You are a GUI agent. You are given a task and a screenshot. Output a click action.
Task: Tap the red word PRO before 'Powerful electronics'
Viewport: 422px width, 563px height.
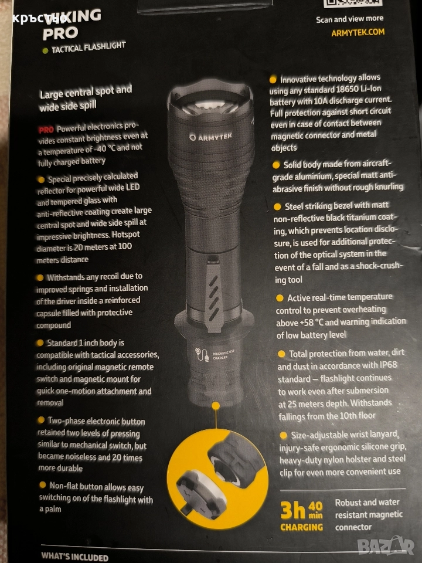pyautogui.click(x=46, y=130)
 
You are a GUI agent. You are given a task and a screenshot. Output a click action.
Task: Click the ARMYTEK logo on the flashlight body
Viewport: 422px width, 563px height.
pyautogui.click(x=210, y=137)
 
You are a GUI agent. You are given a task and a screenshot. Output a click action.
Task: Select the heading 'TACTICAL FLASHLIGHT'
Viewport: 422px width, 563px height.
pyautogui.click(x=89, y=48)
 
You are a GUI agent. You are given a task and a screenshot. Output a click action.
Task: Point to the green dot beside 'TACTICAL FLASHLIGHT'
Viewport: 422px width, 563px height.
pyautogui.click(x=45, y=51)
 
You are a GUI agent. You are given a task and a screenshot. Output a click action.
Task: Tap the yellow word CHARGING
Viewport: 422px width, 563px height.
pyautogui.click(x=301, y=527)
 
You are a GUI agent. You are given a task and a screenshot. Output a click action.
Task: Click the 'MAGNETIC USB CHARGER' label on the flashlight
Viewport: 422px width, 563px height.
pyautogui.click(x=223, y=355)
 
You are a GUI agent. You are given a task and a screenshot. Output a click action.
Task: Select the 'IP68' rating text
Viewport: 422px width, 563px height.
pyautogui.click(x=388, y=365)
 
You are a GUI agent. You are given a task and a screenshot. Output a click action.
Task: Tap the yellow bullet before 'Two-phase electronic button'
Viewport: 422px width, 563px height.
pyautogui.click(x=42, y=420)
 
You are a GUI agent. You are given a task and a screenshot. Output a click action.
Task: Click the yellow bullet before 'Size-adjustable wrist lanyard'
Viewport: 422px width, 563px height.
pyautogui.click(x=284, y=435)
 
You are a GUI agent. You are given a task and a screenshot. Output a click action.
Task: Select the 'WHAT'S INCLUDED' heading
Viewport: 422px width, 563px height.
pyautogui.click(x=74, y=557)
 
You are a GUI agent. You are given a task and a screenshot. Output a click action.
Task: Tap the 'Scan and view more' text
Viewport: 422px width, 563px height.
pyautogui.click(x=349, y=19)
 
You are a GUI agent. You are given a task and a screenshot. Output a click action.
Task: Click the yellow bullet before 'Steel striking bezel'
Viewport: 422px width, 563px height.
pyautogui.click(x=277, y=207)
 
